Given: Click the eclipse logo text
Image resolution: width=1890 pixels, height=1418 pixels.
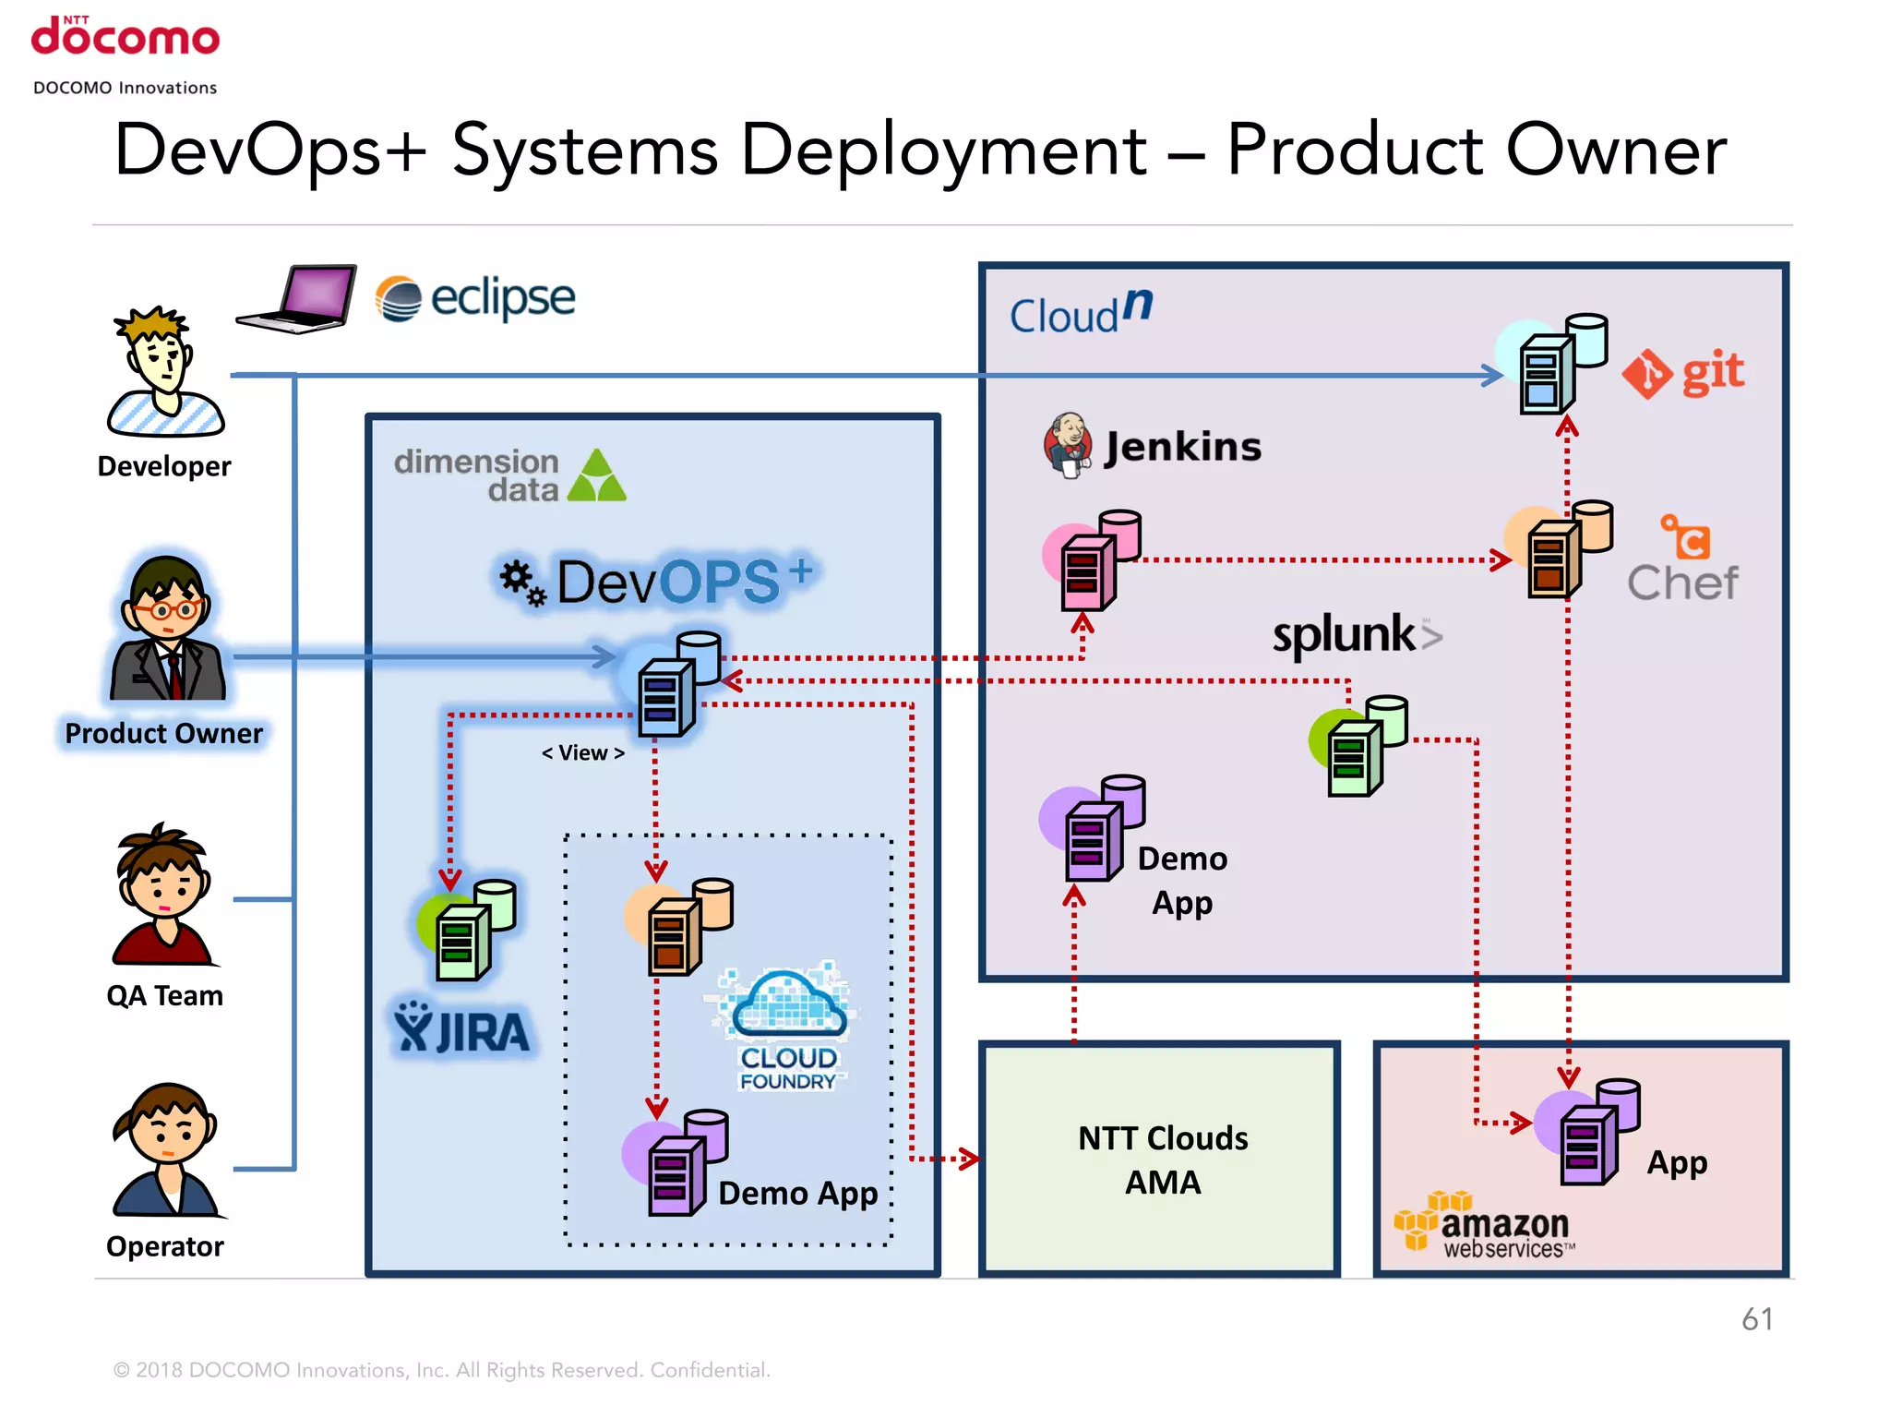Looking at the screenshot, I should click(502, 298).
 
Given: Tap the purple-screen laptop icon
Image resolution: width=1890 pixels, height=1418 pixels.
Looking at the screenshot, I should click(298, 298).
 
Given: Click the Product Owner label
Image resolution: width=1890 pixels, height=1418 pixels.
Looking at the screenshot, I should click(163, 733).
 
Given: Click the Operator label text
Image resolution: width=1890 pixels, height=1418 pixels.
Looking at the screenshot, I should click(164, 1246).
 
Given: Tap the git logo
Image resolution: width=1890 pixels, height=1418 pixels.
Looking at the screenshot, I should click(1683, 374).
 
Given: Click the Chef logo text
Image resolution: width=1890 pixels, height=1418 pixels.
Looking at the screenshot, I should click(1681, 583).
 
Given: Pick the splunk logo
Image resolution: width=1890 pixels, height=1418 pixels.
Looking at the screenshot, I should click(1355, 635).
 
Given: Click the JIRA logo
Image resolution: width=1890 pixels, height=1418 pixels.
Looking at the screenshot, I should click(462, 1028).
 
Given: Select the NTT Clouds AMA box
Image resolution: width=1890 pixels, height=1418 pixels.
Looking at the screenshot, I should click(1161, 1160).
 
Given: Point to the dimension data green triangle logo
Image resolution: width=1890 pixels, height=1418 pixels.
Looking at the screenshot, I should click(597, 475).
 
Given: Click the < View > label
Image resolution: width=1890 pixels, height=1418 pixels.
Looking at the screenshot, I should click(582, 753).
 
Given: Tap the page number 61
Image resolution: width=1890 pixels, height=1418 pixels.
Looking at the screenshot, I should click(1756, 1319).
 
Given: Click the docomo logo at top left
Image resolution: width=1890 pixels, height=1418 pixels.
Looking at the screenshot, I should click(126, 38).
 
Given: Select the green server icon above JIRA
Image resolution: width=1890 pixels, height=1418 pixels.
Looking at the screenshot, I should click(467, 930).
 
